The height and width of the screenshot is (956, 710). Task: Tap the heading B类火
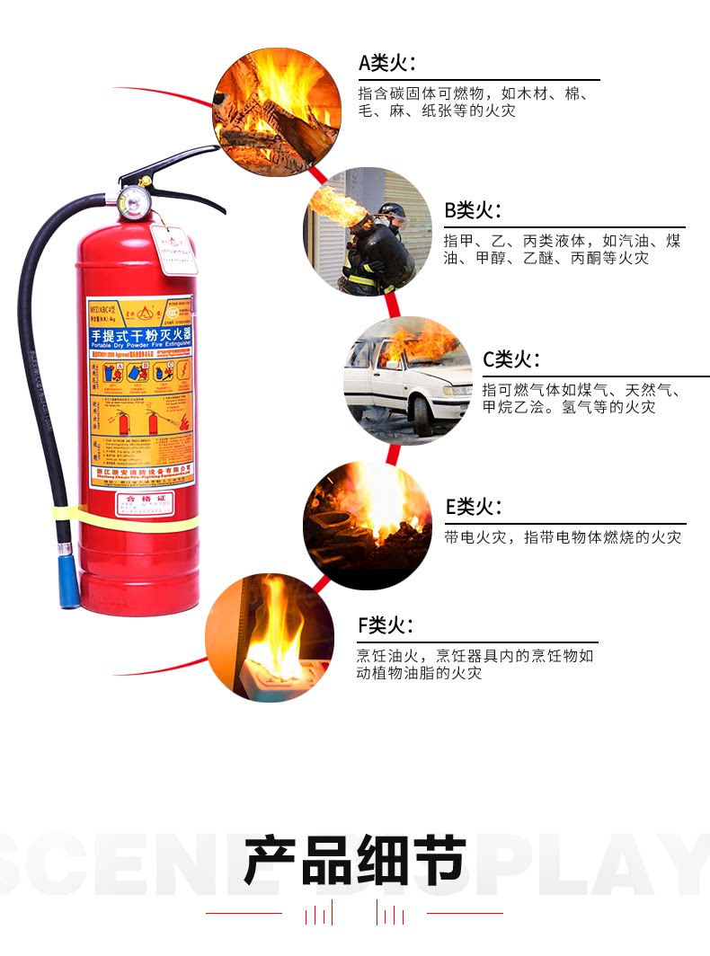(473, 211)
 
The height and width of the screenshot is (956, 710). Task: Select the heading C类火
(511, 360)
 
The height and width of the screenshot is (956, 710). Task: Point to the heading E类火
(474, 507)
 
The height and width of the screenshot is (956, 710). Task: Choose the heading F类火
(386, 625)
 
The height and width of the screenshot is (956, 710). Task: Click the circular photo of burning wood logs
(277, 111)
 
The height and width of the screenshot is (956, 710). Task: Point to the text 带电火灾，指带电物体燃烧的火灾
(563, 537)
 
